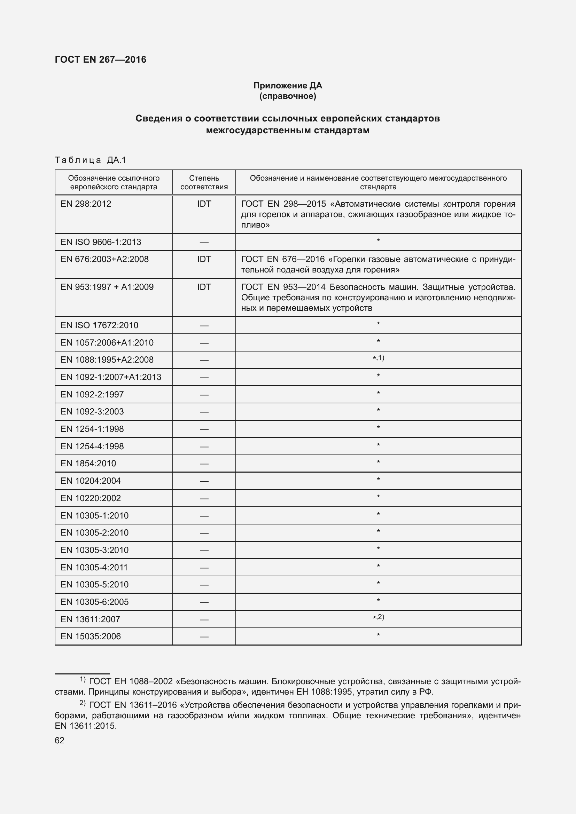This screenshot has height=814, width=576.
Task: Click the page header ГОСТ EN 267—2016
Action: pos(100,60)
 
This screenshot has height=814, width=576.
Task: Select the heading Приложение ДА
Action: pos(288,86)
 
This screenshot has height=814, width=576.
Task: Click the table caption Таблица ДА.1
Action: pos(91,160)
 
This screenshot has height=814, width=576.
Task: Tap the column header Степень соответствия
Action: pos(204,182)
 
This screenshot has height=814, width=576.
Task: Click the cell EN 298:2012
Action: pos(86,204)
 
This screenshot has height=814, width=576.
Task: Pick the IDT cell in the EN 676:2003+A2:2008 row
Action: pos(204,259)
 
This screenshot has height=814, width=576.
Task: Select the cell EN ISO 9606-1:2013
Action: pos(101,242)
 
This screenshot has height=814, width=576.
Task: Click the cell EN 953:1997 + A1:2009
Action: pos(107,287)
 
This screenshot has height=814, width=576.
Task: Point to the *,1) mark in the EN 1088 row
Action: pos(379,358)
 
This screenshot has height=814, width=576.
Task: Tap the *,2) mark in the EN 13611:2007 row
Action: pos(379,617)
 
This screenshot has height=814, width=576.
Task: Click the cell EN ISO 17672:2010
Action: pos(99,325)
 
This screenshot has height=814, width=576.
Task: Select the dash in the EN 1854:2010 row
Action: pos(204,464)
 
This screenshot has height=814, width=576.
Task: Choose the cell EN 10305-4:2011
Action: pos(94,568)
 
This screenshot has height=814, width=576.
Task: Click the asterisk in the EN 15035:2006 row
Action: pos(379,635)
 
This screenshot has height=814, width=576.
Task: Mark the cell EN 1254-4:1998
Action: pos(92,446)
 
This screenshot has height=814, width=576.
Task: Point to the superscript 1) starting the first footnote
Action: pos(83,679)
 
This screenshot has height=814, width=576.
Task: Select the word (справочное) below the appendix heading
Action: pos(288,96)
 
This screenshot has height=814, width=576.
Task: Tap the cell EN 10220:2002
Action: pos(91,498)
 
